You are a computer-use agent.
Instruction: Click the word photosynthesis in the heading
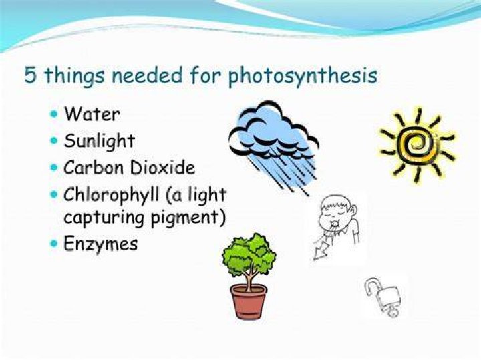303,75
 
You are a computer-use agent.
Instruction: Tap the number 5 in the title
30,75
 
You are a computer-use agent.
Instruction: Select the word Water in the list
92,114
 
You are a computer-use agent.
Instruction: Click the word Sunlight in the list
100,141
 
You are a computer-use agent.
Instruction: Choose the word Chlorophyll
112,195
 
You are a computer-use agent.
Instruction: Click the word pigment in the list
188,218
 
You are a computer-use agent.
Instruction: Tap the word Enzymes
101,244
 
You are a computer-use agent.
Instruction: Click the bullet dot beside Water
54,114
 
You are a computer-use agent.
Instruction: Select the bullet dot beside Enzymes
54,244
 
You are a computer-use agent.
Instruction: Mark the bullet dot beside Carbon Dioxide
54,168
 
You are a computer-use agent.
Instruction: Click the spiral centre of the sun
417,143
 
